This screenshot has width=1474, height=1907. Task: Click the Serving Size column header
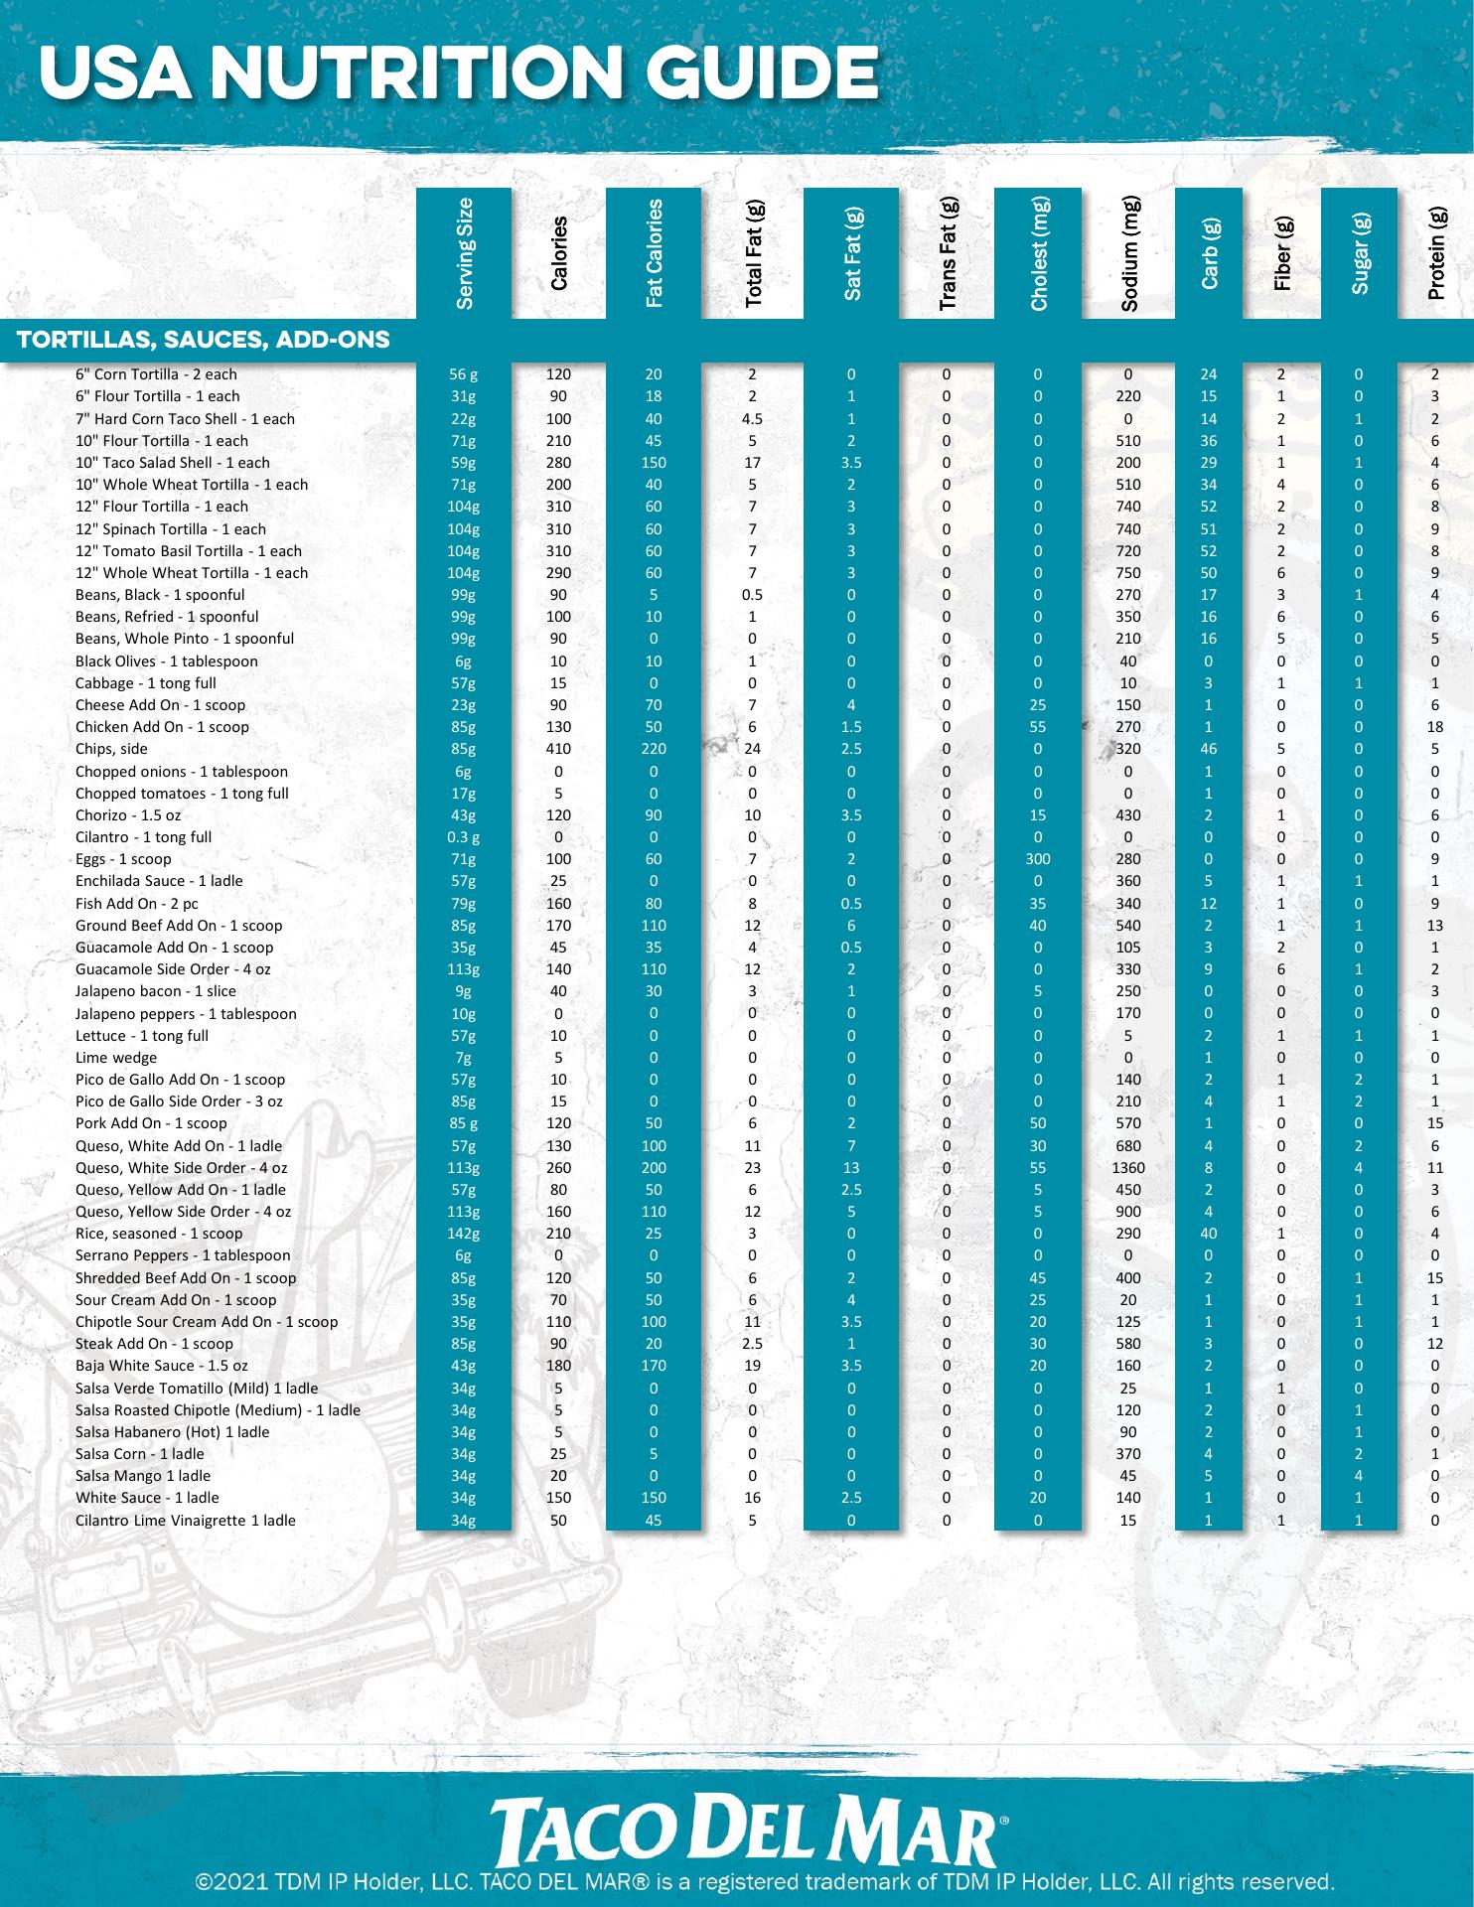(x=464, y=253)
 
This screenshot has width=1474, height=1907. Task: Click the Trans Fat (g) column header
(x=947, y=253)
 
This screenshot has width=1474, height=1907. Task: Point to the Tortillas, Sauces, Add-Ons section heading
(x=203, y=341)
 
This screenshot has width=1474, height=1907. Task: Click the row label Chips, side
(x=111, y=749)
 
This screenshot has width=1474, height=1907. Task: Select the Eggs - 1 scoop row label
(x=123, y=859)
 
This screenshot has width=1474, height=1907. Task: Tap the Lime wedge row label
(x=116, y=1058)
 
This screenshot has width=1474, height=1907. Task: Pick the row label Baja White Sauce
(x=162, y=1366)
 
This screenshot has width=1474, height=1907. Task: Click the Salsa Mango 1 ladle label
(x=143, y=1476)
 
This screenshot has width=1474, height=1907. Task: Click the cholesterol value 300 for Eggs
(x=1038, y=859)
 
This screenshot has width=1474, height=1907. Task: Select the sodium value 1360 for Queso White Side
(x=1128, y=1168)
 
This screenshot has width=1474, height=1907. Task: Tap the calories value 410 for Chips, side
(x=558, y=749)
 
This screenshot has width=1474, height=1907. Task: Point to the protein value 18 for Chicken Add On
(x=1435, y=727)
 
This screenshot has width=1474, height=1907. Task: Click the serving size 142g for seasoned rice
(x=464, y=1234)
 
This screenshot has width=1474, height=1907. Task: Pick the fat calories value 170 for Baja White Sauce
(x=654, y=1366)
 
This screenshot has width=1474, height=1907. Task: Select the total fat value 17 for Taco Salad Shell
(x=752, y=463)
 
